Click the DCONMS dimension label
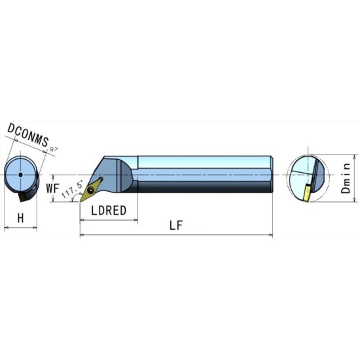28,135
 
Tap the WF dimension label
52,189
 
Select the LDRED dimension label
109,210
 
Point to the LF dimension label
176,225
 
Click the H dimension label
20,218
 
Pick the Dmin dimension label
346,178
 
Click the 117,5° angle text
72,190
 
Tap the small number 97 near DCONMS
54,149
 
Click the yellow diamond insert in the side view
91,189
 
